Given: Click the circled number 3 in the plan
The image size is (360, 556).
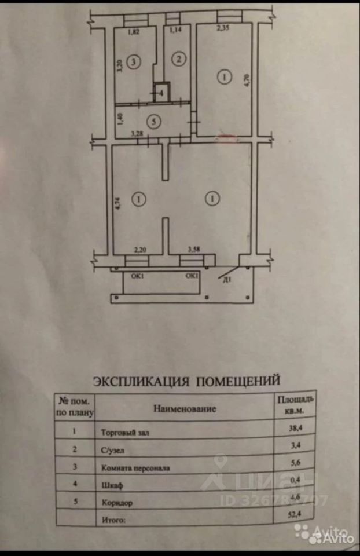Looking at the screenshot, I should coord(134,61).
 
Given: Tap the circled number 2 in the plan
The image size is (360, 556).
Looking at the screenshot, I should coord(179,58).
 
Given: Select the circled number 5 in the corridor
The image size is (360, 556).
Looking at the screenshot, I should coord(153,122).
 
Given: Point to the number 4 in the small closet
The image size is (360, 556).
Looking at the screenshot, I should coord(161,92).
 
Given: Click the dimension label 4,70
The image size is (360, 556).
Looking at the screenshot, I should coord(246,79).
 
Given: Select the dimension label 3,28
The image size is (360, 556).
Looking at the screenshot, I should coord(137,134).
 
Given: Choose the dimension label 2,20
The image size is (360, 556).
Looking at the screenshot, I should coord(139,250).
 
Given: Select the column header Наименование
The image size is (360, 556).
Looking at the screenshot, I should coord(185,409).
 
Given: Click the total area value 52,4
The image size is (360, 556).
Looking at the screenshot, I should coord(296,512).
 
